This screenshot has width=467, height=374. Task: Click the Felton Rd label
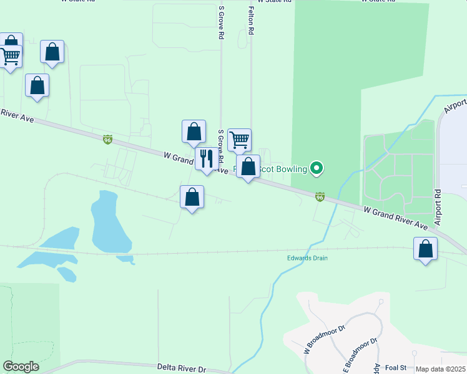pyautogui.click(x=251, y=21)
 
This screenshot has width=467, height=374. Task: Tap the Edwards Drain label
pyautogui.click(x=307, y=258)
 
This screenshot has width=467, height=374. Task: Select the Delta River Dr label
pyautogui.click(x=182, y=369)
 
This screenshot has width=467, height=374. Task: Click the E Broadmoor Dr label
pyautogui.click(x=361, y=353)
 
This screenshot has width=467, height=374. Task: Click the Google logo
pyautogui.click(x=21, y=367)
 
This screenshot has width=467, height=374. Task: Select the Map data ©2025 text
pyautogui.click(x=440, y=369)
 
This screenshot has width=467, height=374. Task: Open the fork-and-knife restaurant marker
pyautogui.click(x=207, y=158)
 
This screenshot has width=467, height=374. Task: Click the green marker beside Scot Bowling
pyautogui.click(x=317, y=168)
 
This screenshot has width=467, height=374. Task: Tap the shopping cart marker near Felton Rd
pyautogui.click(x=239, y=140)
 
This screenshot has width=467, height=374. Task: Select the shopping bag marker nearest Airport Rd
pyautogui.click(x=425, y=249)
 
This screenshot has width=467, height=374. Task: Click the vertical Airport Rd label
pyautogui.click(x=438, y=208)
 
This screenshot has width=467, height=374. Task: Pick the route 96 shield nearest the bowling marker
pyautogui.click(x=320, y=197)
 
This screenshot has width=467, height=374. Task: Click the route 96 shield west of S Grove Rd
pyautogui.click(x=108, y=140)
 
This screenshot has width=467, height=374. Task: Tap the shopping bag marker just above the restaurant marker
pyautogui.click(x=194, y=131)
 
